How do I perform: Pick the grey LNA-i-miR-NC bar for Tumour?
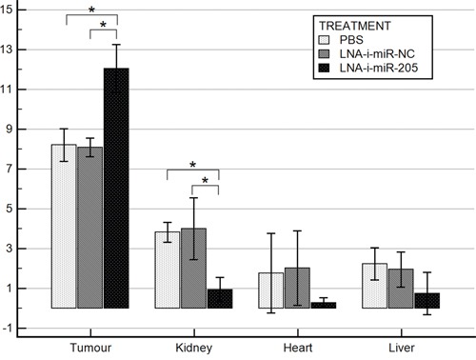89,228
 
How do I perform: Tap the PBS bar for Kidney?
168,270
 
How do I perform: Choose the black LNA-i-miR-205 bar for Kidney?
219,299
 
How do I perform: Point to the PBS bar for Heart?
271,290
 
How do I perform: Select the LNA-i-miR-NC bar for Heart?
297,288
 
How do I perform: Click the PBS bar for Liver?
374,286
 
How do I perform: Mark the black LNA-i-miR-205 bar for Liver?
426,301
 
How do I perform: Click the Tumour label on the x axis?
89,347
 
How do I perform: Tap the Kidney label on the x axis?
193,347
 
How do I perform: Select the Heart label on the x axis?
297,347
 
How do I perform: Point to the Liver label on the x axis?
401,347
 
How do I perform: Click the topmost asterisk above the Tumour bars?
90,10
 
